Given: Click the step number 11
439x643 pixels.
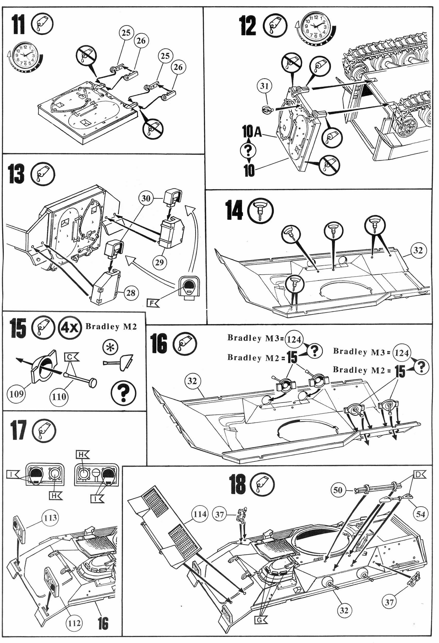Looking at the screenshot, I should pyautogui.click(x=19, y=25).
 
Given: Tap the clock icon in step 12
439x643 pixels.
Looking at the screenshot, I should pyautogui.click(x=316, y=26).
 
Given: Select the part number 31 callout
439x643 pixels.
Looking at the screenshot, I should pyautogui.click(x=264, y=86).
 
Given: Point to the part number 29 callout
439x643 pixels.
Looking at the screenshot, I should pyautogui.click(x=160, y=262).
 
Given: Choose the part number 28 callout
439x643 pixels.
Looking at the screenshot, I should pyautogui.click(x=131, y=292).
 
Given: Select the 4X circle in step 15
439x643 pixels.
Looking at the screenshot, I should pyautogui.click(x=70, y=328).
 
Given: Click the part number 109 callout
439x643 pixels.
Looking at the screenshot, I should pyautogui.click(x=16, y=394).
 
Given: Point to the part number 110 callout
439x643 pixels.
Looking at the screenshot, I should pyautogui.click(x=59, y=397).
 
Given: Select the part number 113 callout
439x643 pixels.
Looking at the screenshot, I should pyautogui.click(x=50, y=518).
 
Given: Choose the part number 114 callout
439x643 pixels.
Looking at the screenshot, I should pyautogui.click(x=200, y=514).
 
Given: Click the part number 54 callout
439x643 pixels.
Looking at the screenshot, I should pyautogui.click(x=420, y=514).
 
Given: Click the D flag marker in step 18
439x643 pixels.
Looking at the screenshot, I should pyautogui.click(x=419, y=474).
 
